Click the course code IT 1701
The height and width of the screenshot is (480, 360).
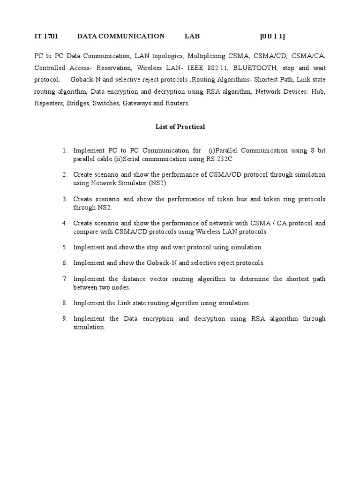pos(46,36)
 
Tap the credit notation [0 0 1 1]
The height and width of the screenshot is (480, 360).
pos(272,36)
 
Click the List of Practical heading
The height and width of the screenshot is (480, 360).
pos(180,127)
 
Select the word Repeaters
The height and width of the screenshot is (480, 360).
pos(48,103)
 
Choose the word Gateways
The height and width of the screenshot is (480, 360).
pos(137,103)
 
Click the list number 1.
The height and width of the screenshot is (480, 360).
pos(65,150)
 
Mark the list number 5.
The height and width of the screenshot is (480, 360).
pos(65,247)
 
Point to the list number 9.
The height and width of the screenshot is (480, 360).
pos(65,319)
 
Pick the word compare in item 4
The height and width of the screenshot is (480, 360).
pos(85,232)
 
